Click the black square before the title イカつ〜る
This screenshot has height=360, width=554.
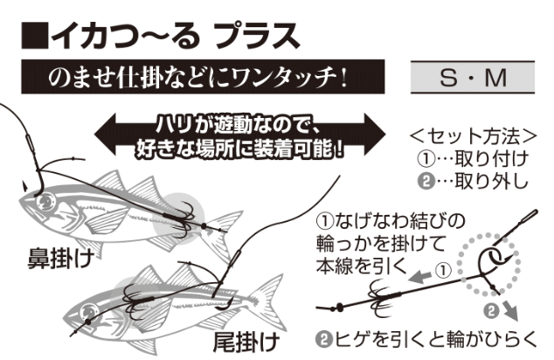pos(35,35)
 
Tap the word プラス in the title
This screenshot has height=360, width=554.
pos(257,36)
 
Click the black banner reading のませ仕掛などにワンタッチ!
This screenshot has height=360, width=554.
pos(203,77)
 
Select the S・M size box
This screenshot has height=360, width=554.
pos(473,77)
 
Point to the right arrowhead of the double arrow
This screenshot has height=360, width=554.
pos(375,135)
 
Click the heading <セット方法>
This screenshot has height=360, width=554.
pos(474,136)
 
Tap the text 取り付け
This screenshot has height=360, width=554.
pos(491,159)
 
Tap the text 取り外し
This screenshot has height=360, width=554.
pos(491,181)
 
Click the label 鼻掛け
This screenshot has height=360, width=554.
pos(61,259)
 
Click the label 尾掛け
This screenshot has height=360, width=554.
pos(246,342)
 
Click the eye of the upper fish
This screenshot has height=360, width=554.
pos(45,202)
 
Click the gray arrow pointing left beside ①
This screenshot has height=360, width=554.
pos(419,276)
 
